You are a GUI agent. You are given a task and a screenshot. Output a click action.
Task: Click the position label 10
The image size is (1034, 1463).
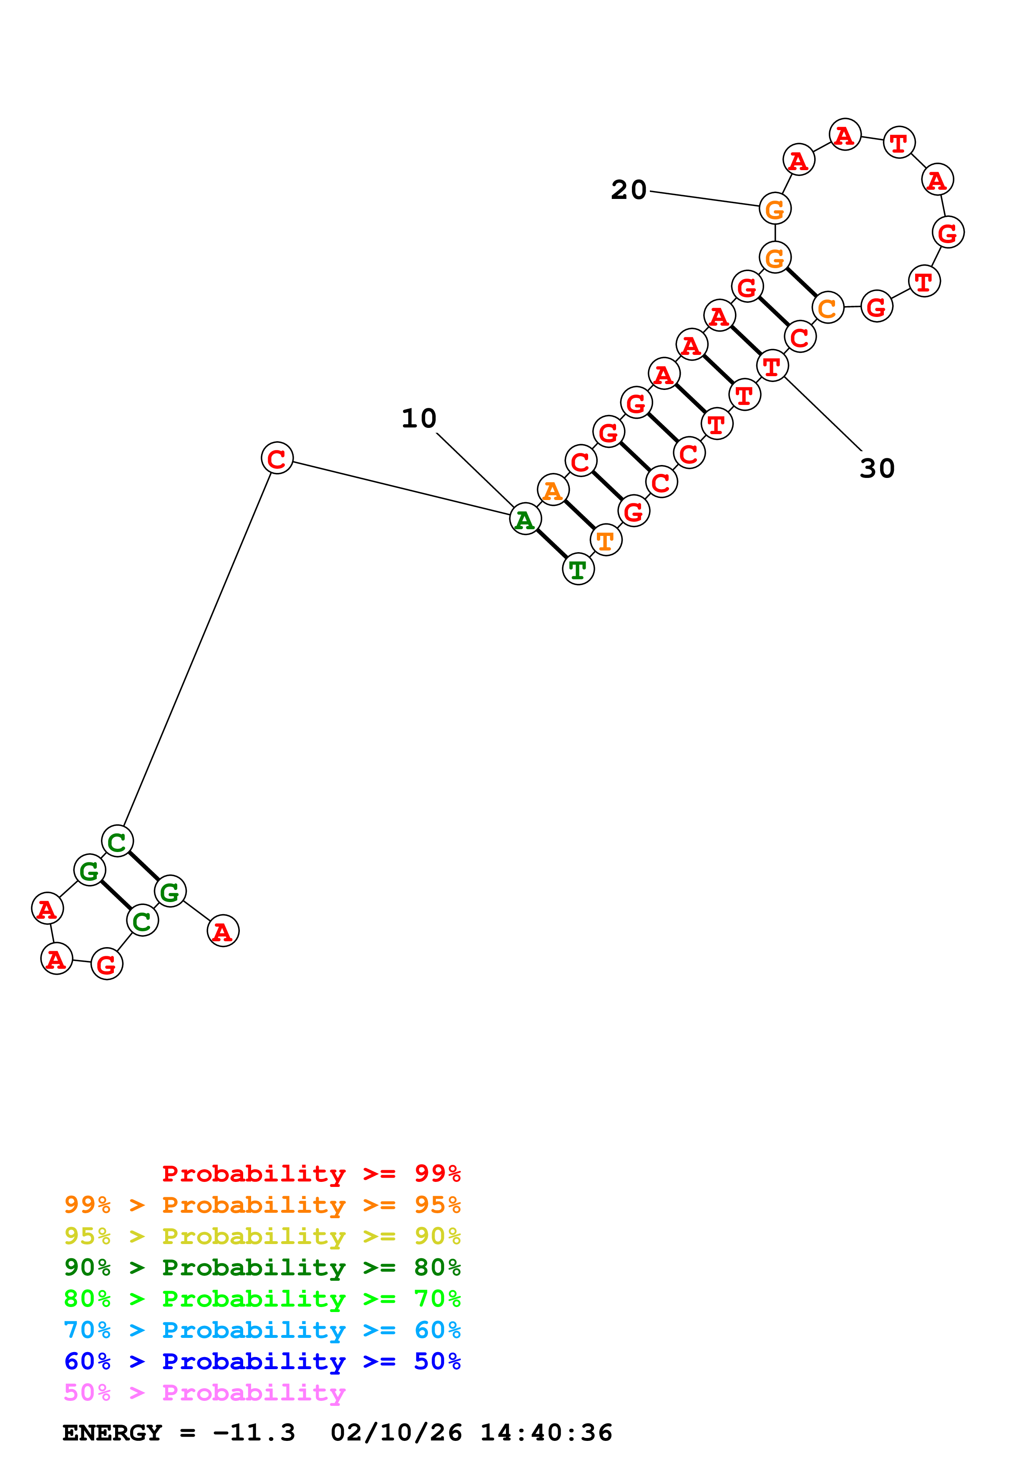(419, 419)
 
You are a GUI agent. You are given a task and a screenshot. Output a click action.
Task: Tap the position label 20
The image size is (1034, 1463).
(628, 190)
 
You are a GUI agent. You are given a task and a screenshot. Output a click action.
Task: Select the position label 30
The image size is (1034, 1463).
(877, 468)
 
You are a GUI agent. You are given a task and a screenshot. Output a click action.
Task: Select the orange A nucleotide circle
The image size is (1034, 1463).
(552, 490)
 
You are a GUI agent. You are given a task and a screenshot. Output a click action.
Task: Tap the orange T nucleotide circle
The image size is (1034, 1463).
(605, 540)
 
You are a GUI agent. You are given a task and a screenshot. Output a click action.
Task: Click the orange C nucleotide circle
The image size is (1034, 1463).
(827, 308)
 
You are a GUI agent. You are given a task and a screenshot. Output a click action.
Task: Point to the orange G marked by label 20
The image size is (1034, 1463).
(775, 209)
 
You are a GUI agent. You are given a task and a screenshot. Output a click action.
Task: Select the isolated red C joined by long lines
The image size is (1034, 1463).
(277, 458)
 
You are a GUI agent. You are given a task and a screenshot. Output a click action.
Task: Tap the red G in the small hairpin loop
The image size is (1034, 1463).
(106, 964)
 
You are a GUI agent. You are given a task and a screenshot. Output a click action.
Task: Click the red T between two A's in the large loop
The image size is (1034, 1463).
(898, 143)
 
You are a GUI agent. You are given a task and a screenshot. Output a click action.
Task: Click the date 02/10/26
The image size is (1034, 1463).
(396, 1433)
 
